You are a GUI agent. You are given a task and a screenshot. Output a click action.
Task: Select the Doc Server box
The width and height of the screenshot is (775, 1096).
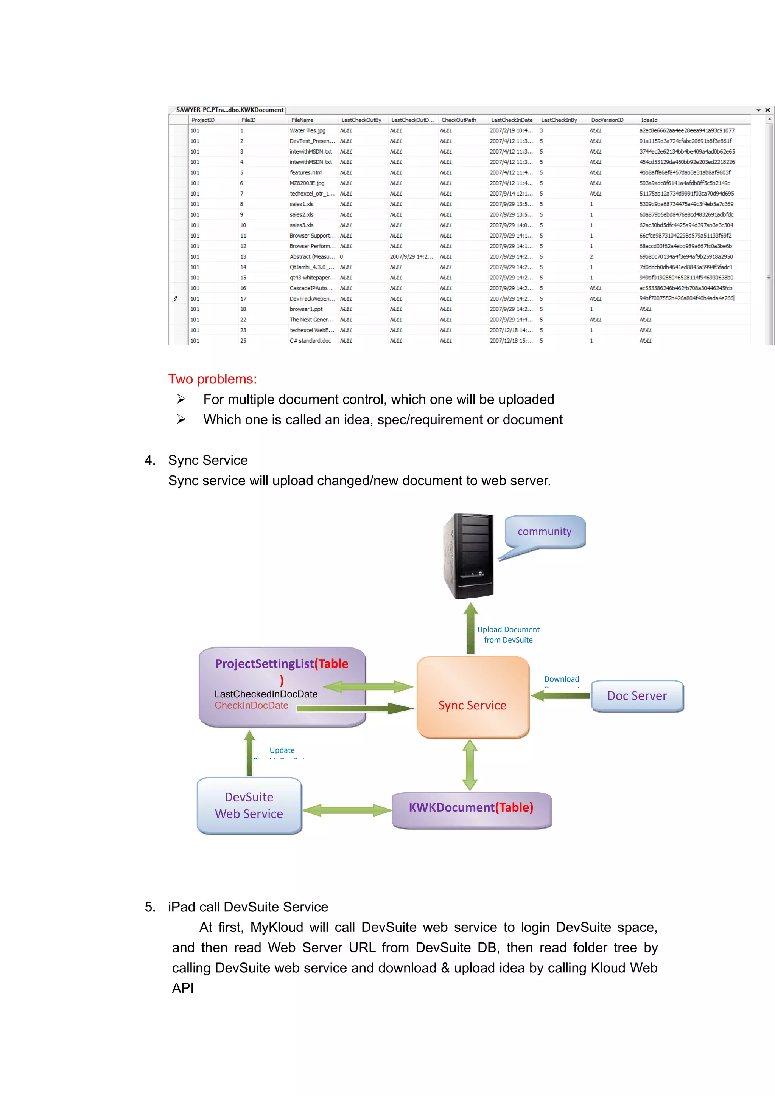637,696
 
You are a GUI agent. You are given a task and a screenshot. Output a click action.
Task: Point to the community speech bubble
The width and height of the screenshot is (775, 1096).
545,531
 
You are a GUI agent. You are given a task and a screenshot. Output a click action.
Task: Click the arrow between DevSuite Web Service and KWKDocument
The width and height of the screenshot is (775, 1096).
347,810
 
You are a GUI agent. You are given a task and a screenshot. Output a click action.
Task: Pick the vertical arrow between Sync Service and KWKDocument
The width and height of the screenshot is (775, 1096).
470,765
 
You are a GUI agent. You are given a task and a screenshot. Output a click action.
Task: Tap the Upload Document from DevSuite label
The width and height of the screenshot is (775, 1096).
508,634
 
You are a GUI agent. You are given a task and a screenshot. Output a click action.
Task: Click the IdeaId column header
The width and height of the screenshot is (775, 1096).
649,120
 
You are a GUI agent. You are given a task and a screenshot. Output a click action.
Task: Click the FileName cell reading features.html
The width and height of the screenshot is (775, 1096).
306,173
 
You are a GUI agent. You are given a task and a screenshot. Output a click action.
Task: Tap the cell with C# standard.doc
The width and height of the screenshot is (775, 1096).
310,341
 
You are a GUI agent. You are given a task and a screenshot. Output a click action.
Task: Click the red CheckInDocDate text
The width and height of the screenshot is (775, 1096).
251,706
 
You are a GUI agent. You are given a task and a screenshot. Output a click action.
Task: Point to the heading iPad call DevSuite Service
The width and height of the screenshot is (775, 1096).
248,907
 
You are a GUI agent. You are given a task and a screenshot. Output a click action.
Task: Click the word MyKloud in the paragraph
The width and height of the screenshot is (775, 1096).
277,927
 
